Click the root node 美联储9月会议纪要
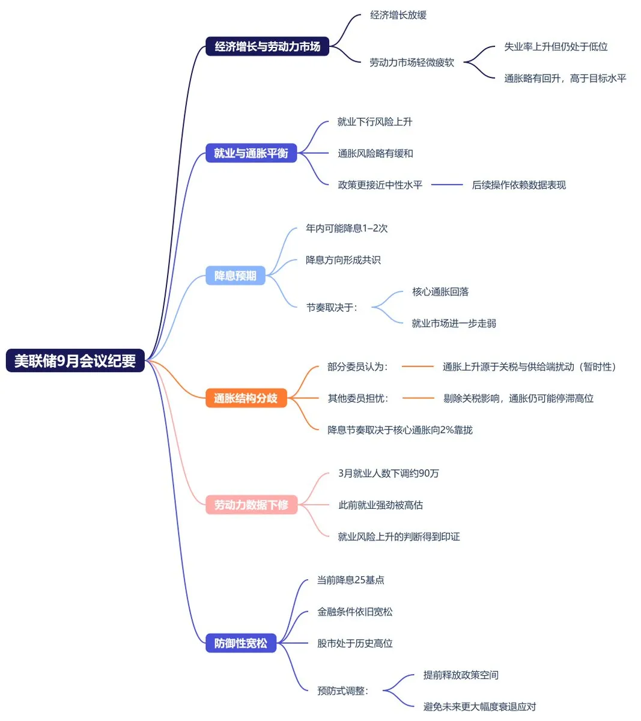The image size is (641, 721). pos(75,360)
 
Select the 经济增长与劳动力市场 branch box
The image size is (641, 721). pos(267,46)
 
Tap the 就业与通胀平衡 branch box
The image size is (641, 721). pos(251,153)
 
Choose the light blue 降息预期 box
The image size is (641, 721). pos(235,276)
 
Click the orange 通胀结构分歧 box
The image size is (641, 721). pos(246,398)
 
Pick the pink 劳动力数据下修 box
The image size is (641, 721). pos(251,505)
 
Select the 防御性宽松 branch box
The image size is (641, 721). pos(240,643)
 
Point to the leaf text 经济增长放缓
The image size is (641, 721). pos(398,15)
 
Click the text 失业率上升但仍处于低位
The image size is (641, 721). pos(556,46)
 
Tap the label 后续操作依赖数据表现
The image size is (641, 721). pos(519,185)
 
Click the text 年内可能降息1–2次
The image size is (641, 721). pos(347,228)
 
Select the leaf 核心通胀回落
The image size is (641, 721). pos(440,292)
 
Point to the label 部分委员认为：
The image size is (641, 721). pos(358,367)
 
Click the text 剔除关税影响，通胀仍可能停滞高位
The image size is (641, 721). pos(518,398)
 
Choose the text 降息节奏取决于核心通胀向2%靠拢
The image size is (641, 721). pos(400,430)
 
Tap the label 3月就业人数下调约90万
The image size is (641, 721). pos(389,473)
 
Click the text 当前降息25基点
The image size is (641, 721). pos(351,580)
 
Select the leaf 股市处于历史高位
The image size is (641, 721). pos(355,643)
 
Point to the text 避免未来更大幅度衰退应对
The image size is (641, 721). pos(479,707)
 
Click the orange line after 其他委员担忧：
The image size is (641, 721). pos(418,398)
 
